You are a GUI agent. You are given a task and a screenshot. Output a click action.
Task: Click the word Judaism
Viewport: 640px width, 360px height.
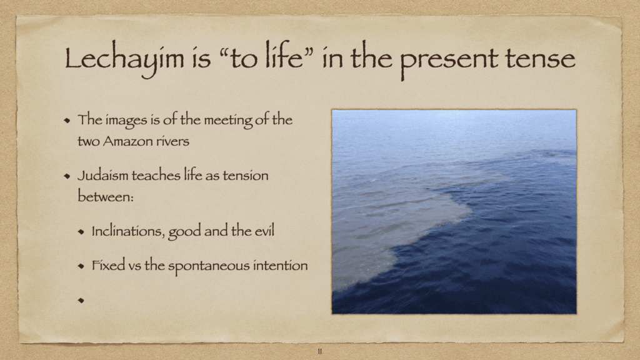coord(102,176)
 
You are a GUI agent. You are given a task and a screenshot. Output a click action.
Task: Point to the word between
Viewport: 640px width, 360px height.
coord(105,196)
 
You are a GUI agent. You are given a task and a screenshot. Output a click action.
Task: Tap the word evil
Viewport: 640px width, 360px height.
coord(264,231)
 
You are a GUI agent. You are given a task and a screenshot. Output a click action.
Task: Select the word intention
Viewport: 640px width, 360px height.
coord(281,265)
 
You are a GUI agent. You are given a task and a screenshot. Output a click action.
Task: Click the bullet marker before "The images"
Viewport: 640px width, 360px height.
coord(67,121)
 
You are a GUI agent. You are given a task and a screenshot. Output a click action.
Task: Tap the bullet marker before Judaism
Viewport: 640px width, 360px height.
coord(67,176)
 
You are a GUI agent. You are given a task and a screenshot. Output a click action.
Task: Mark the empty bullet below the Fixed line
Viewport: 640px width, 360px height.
coord(81,301)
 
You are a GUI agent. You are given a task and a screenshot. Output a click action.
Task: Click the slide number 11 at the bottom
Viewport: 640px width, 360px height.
coord(319,351)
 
